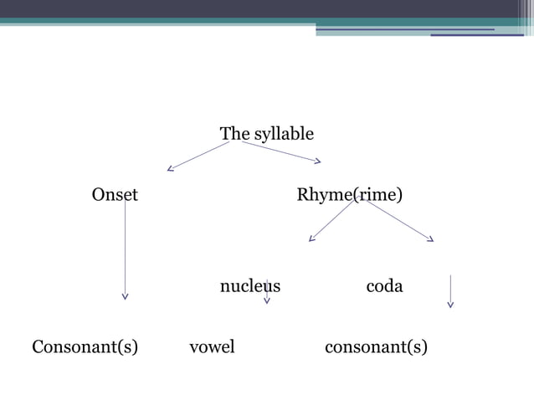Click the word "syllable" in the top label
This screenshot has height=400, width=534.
[284, 134]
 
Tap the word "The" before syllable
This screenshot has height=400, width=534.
[234, 134]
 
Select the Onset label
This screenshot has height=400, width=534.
[115, 196]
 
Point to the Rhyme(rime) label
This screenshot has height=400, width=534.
[349, 196]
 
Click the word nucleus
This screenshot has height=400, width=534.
[249, 286]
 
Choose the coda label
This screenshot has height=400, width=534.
[384, 286]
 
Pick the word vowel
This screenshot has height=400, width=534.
[212, 346]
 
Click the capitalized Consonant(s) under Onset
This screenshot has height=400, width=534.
[85, 346]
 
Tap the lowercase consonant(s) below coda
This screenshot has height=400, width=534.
[376, 346]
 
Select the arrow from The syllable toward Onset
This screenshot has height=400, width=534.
[198, 156]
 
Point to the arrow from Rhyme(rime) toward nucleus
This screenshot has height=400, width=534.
[331, 221]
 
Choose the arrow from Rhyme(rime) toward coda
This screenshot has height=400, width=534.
[399, 221]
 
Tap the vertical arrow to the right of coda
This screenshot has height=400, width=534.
[450, 290]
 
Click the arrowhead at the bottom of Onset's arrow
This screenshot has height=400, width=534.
[126, 295]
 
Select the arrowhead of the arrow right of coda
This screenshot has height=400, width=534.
[450, 304]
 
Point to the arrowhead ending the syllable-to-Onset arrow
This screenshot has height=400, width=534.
[171, 169]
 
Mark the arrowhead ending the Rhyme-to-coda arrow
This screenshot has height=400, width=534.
[430, 239]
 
